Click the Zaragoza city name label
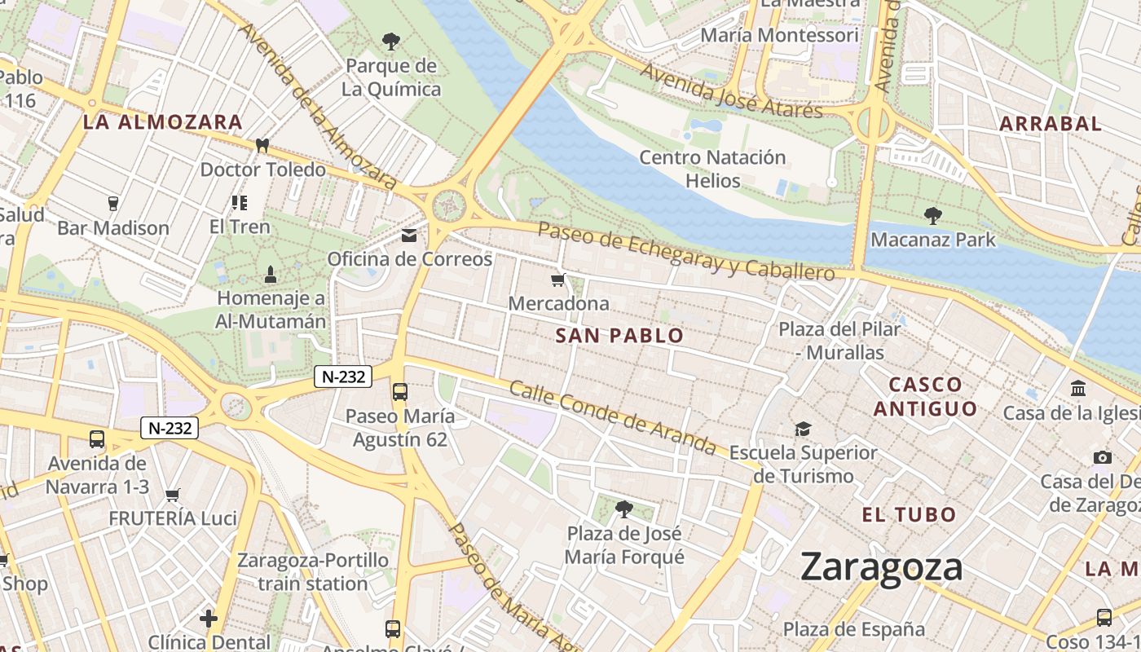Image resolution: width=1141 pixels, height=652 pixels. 881,566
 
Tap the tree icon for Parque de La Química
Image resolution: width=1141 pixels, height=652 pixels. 391,41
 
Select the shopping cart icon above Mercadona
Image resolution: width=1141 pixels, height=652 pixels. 558,280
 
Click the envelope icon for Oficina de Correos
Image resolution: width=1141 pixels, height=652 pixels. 409,236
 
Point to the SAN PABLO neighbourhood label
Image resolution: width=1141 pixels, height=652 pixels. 619,336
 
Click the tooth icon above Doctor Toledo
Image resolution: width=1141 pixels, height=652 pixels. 262,146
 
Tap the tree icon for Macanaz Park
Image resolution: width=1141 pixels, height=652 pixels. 933,216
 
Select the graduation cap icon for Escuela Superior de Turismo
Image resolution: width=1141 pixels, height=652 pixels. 804,429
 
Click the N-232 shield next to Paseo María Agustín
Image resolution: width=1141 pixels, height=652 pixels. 343,377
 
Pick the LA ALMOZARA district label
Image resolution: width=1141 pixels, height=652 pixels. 163,123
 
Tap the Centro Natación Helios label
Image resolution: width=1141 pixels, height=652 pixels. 712,169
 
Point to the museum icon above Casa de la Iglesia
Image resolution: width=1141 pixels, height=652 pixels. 1078,389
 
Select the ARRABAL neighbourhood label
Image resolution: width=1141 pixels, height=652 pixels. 1050,124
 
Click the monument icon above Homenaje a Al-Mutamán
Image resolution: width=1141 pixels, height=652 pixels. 271,275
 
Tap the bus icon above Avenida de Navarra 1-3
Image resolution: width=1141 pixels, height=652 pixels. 97,439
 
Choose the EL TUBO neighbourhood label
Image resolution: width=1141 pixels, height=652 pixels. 909,515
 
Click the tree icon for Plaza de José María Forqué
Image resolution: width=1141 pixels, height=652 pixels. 624,509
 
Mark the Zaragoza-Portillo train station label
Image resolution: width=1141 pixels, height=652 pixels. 313,572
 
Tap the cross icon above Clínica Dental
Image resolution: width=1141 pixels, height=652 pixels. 209,619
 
